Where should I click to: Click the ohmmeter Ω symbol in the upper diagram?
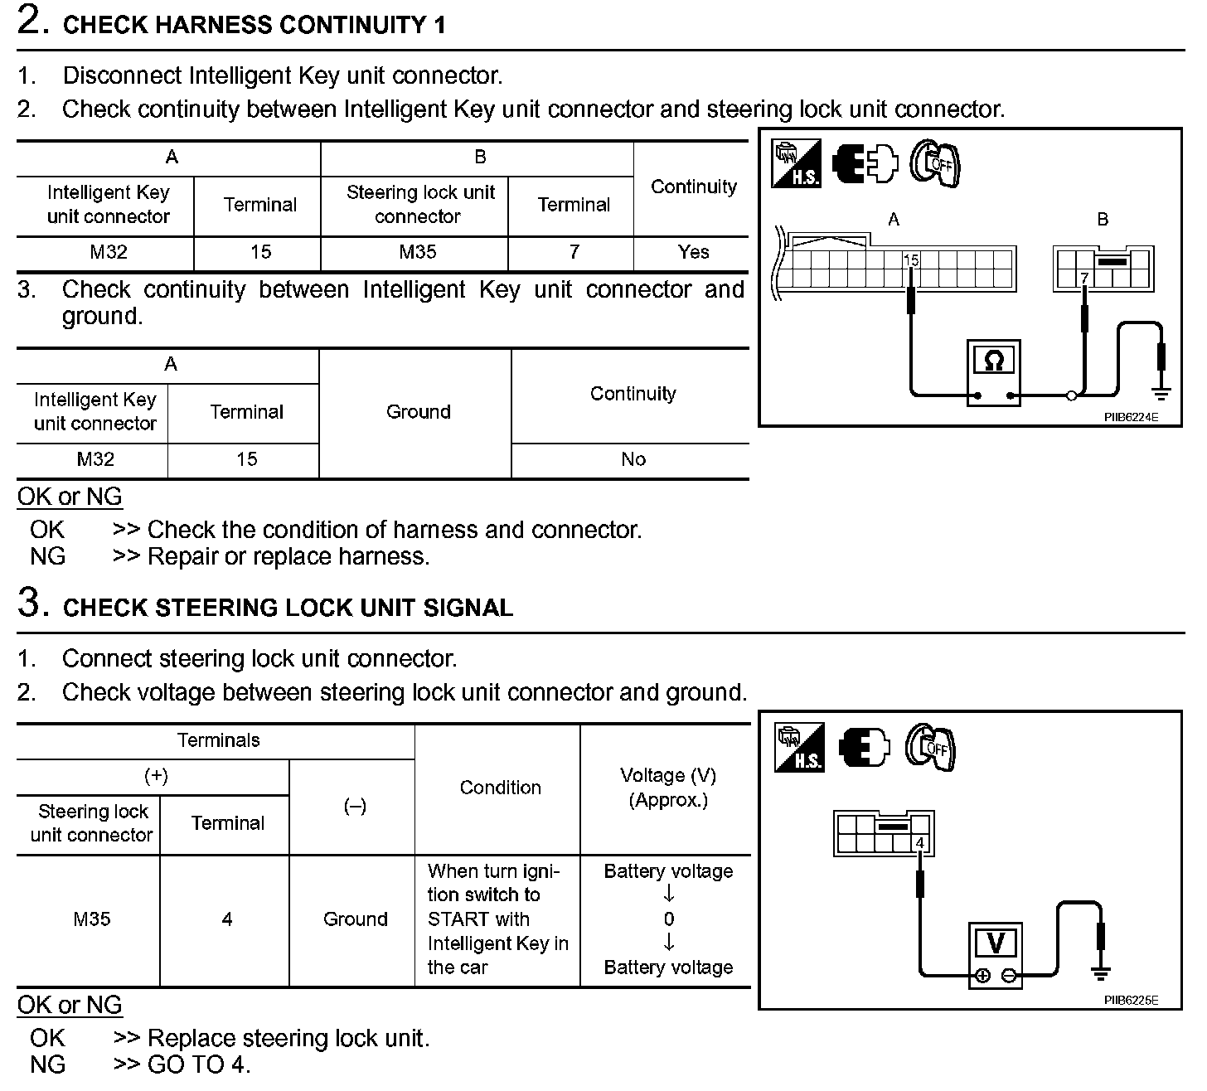pyautogui.click(x=993, y=361)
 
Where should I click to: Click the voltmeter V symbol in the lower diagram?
pyautogui.click(x=996, y=943)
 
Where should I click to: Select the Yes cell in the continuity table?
pyautogui.click(x=693, y=252)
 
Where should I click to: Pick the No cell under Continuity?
pyautogui.click(x=633, y=459)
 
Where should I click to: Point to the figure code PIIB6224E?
pyautogui.click(x=1130, y=417)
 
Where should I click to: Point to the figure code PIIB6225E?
pyautogui.click(x=1130, y=1000)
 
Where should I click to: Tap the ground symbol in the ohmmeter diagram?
pyautogui.click(x=1161, y=390)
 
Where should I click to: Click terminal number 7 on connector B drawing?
pyautogui.click(x=1083, y=279)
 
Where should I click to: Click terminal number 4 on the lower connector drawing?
pyautogui.click(x=920, y=844)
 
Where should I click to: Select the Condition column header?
pyautogui.click(x=500, y=788)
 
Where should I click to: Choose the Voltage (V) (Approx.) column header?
pyautogui.click(x=668, y=788)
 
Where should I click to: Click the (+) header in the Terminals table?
pyautogui.click(x=156, y=776)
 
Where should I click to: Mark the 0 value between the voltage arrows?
pyautogui.click(x=668, y=919)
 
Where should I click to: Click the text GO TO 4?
pyautogui.click(x=198, y=1064)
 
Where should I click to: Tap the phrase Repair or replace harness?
pyautogui.click(x=288, y=556)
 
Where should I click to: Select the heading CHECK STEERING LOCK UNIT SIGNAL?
pyautogui.click(x=288, y=608)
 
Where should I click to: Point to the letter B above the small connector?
pyautogui.click(x=1102, y=220)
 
